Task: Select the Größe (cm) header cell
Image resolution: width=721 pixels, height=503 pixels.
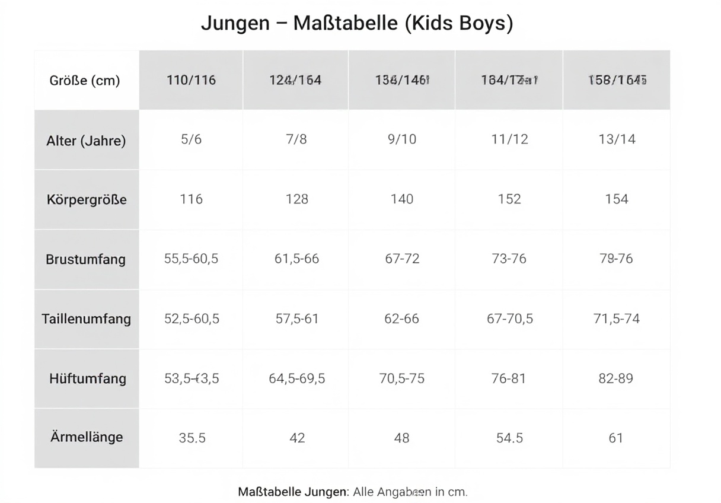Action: point(85,81)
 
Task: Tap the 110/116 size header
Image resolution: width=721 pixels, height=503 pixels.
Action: point(191,80)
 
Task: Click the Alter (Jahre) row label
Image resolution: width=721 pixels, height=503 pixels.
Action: point(86,141)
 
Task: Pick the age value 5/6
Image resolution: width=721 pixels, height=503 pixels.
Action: point(191,139)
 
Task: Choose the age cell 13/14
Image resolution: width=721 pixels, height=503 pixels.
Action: point(617,139)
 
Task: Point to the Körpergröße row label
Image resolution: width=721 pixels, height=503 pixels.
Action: point(87,200)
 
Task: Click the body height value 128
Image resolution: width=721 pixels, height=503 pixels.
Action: point(297,199)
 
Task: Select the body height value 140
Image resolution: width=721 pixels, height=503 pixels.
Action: point(402,199)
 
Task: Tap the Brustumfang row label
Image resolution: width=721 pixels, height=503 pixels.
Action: point(86,259)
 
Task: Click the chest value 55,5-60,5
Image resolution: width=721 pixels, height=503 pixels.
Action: point(191,259)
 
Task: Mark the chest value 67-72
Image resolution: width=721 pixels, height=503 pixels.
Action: point(402,259)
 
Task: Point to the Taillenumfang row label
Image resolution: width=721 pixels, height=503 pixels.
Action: point(87,319)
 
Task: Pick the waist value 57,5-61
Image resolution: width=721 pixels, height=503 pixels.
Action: point(297,319)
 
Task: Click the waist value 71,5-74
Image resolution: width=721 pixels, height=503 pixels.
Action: point(617,319)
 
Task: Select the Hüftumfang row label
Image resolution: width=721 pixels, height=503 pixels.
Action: point(88,378)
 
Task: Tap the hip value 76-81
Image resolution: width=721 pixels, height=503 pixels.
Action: point(509,378)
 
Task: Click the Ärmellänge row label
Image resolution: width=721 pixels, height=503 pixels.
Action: point(87,437)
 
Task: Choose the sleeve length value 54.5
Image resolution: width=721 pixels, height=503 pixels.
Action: point(509,438)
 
